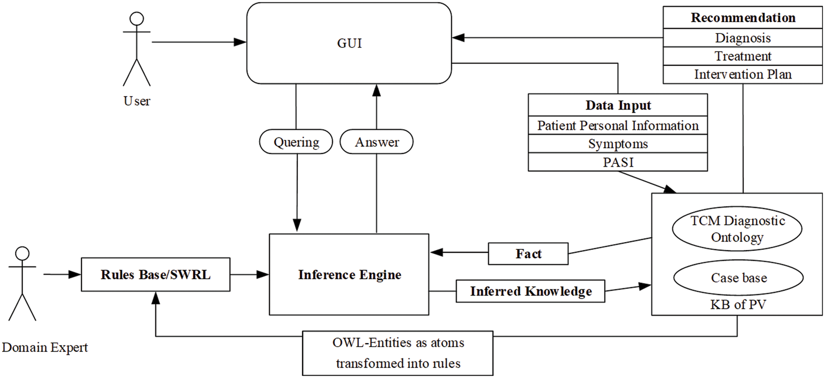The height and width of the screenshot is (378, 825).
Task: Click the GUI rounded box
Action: (x=349, y=43)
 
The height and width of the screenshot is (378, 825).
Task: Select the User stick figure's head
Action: (x=137, y=19)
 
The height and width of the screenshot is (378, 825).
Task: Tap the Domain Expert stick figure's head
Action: (x=22, y=253)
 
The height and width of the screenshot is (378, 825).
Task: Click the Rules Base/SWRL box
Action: (x=155, y=275)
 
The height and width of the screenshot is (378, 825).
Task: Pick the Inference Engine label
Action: (x=350, y=275)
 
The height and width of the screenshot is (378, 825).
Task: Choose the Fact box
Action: (x=528, y=254)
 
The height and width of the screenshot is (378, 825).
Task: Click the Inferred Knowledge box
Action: (x=530, y=291)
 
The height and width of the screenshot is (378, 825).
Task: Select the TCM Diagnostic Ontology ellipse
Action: (x=737, y=229)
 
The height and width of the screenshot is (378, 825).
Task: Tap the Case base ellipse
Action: (x=738, y=278)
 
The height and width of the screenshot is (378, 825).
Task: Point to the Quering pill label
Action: (x=296, y=142)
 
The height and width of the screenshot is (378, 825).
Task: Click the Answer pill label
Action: (x=376, y=142)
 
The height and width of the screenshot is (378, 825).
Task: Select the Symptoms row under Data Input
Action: (x=618, y=144)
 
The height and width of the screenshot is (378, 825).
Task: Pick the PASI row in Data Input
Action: (x=618, y=162)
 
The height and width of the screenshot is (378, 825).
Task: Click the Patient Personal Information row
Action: (x=618, y=126)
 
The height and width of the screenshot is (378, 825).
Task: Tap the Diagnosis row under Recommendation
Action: (x=743, y=38)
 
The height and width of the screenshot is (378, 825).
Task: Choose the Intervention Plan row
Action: (x=743, y=74)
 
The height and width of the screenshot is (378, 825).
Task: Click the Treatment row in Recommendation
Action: (x=743, y=56)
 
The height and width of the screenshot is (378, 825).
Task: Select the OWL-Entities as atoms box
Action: (x=398, y=353)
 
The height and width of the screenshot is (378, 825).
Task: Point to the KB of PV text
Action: (x=738, y=305)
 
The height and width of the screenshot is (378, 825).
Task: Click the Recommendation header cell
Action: (x=743, y=18)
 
